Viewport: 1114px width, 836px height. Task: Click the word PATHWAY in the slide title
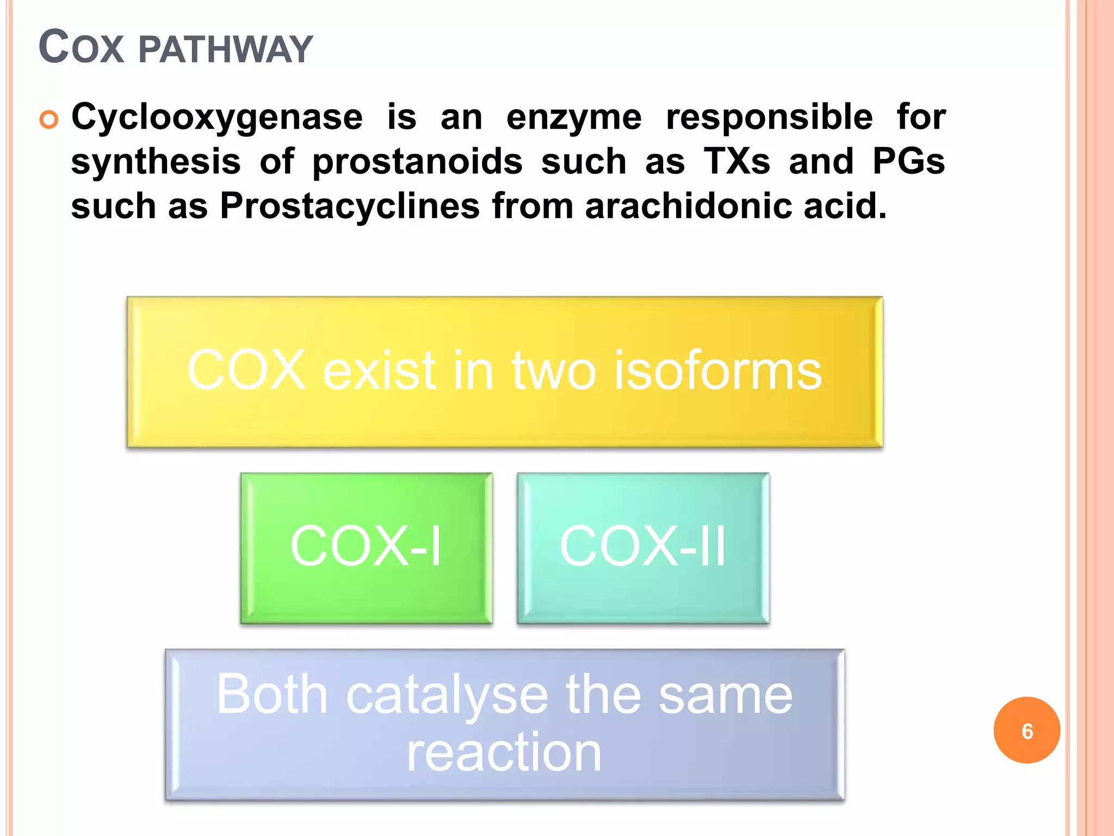point(226,49)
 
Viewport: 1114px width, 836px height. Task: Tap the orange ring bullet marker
point(49,120)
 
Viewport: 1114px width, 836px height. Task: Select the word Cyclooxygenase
point(216,118)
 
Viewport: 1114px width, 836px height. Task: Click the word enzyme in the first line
point(574,118)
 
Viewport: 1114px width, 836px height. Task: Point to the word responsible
point(770,118)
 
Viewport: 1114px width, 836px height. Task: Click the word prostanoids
point(417,162)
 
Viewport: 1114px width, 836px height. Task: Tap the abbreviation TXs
point(737,162)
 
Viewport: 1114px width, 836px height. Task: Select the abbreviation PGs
point(908,162)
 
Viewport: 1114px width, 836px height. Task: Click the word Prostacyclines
point(350,206)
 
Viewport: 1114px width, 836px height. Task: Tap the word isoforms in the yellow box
point(718,371)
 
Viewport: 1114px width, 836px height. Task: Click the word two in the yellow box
point(554,371)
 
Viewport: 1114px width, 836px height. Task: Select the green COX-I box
point(366,548)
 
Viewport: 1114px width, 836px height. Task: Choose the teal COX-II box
point(643,548)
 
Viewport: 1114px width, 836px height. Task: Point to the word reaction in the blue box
point(504,753)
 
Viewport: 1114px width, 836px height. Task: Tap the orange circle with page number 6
point(1026,730)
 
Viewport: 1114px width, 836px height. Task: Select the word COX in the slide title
point(82,48)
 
